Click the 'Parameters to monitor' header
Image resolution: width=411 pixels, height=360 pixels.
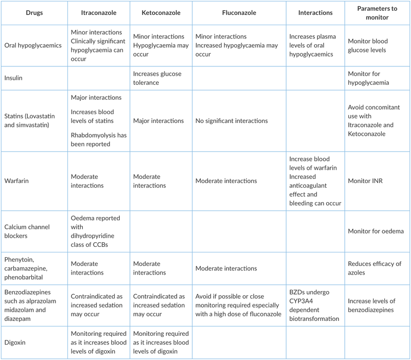tap(375, 12)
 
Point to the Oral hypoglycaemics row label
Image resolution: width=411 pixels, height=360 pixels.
tap(33, 45)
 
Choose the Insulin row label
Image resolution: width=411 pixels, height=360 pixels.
tap(16, 78)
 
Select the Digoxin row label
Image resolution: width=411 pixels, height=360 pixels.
tap(18, 340)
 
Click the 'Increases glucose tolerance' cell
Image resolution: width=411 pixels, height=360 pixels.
tap(157, 78)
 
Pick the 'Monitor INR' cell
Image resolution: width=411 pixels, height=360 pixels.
tap(365, 181)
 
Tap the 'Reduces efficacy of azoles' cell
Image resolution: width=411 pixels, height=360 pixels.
tap(375, 268)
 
